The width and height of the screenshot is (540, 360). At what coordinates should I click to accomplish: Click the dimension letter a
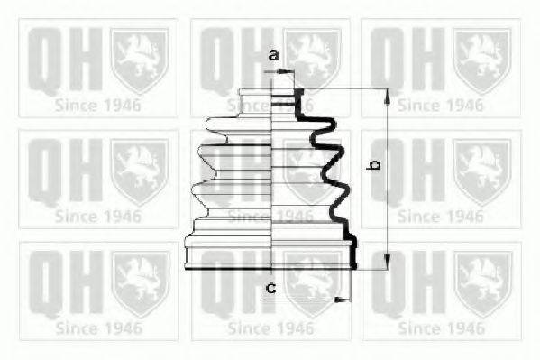[x=273, y=55]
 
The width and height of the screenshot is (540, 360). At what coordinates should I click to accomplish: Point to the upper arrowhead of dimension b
[x=387, y=95]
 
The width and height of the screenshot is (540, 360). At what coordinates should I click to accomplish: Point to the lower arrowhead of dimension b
[x=387, y=263]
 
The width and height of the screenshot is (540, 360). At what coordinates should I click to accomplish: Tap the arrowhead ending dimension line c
[x=344, y=299]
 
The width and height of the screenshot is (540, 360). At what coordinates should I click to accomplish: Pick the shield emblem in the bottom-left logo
[x=140, y=282]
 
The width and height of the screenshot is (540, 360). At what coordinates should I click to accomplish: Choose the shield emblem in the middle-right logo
[x=481, y=170]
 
